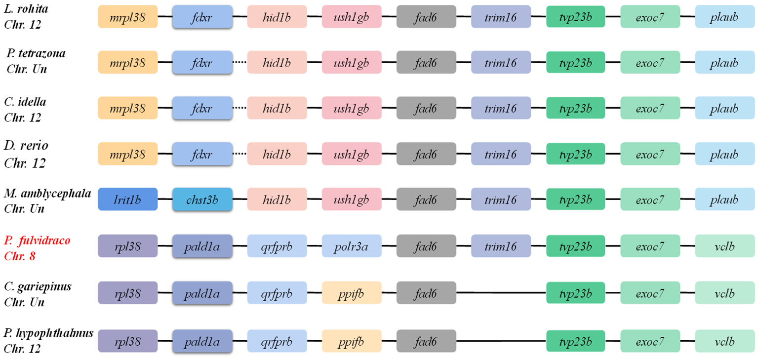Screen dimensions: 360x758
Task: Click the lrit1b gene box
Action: pyautogui.click(x=127, y=200)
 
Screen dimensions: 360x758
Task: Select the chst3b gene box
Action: pyautogui.click(x=202, y=200)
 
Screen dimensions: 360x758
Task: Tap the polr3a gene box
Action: pyautogui.click(x=352, y=245)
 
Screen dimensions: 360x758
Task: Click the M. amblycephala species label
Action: pyautogui.click(x=47, y=200)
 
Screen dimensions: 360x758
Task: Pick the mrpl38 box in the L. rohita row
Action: pyautogui.click(x=127, y=17)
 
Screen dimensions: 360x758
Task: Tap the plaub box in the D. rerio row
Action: pyautogui.click(x=724, y=155)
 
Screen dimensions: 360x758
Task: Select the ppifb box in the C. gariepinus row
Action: pyautogui.click(x=352, y=294)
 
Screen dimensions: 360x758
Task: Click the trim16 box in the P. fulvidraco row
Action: pyautogui.click(x=501, y=245)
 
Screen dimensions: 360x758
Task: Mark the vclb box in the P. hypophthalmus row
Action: pyautogui.click(x=724, y=341)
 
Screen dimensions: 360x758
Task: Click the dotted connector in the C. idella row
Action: pyautogui.click(x=240, y=109)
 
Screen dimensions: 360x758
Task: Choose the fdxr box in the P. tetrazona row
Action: pyautogui.click(x=202, y=63)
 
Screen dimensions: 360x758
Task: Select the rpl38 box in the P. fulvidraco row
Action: pyautogui.click(x=127, y=245)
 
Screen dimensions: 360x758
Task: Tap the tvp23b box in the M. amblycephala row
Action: pyautogui.click(x=576, y=200)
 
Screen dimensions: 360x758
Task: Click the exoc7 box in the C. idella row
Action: pyautogui.click(x=650, y=109)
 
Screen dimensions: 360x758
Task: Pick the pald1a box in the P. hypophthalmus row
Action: pyautogui.click(x=202, y=341)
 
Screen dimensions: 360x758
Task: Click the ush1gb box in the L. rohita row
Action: pyautogui.click(x=352, y=17)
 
